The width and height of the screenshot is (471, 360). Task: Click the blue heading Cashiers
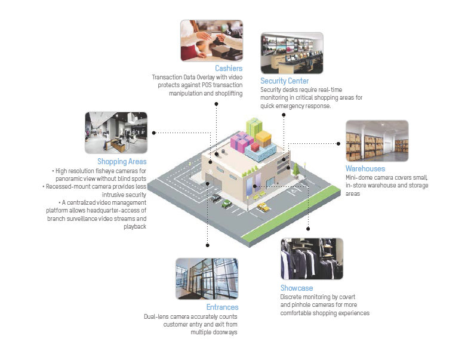[229, 69]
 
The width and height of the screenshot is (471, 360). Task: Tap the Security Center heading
[285, 81]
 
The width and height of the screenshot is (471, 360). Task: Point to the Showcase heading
[297, 288]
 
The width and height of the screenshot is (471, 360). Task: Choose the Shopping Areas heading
[122, 161]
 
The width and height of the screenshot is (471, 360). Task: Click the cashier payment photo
[211, 41]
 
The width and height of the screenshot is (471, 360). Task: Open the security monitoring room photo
[291, 53]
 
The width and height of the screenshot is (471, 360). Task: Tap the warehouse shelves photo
[377, 141]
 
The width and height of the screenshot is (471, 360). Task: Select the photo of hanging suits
[312, 259]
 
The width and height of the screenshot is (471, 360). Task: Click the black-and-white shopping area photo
[116, 133]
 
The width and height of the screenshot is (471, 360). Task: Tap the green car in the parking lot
[227, 204]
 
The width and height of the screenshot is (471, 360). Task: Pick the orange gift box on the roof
[263, 136]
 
